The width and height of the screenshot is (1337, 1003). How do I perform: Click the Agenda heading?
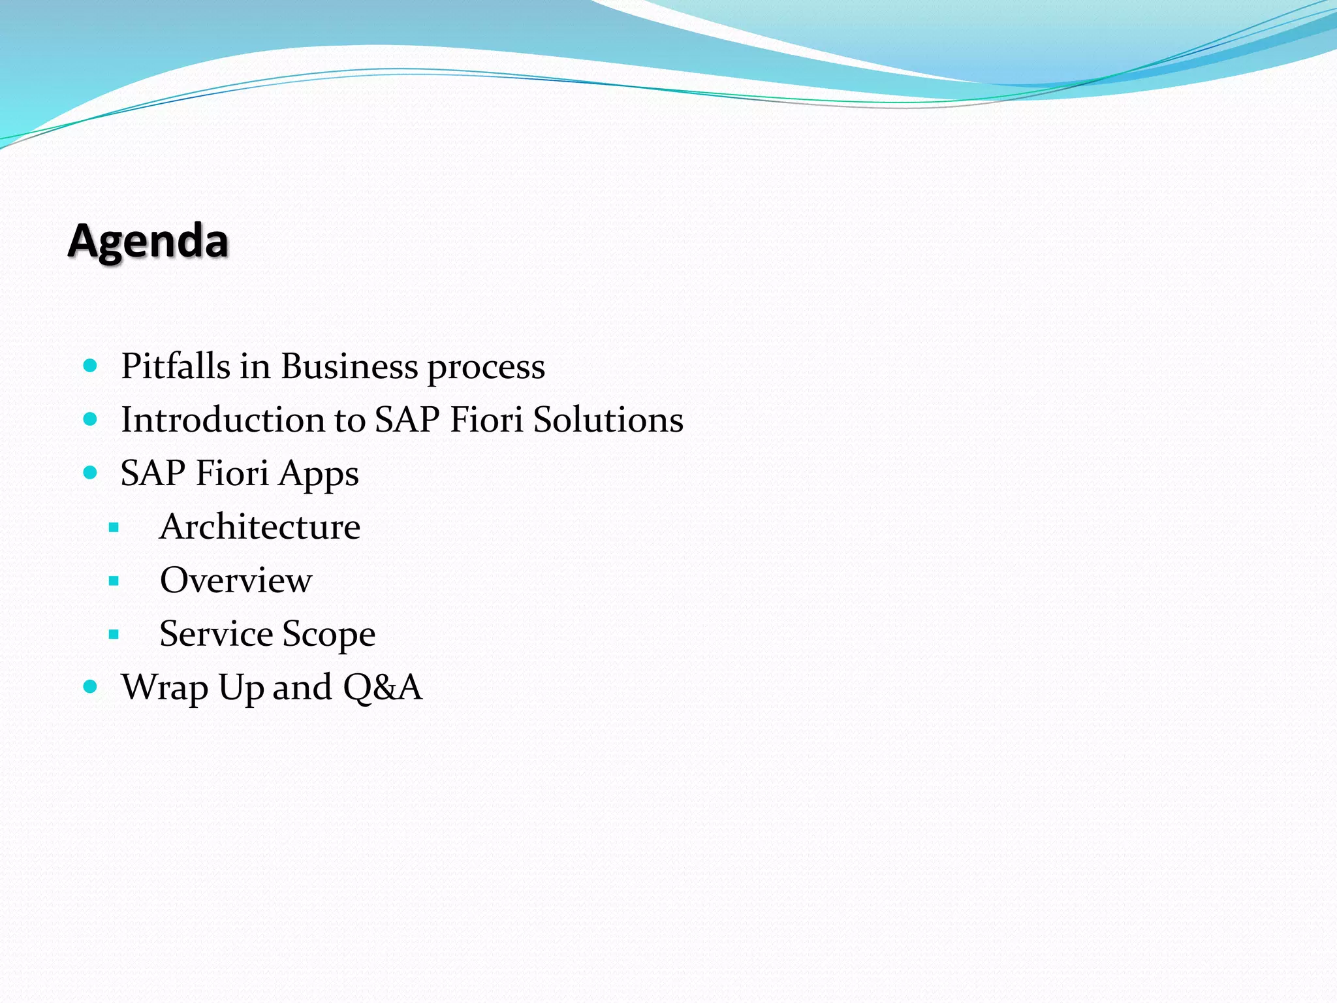tap(148, 241)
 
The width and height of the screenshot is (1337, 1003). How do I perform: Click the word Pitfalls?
tap(176, 366)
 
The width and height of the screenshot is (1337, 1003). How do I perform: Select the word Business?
tap(349, 366)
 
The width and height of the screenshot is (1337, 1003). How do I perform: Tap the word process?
tap(486, 368)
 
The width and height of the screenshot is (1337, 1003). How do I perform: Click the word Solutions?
tap(608, 419)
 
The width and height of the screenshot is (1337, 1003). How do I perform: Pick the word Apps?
tap(319, 474)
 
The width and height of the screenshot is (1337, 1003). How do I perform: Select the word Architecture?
tap(260, 526)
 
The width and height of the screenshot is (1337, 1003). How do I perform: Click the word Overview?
tap(236, 580)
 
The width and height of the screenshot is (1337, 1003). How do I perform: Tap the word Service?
tap(216, 633)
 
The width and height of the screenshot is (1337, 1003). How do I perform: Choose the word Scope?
tap(329, 635)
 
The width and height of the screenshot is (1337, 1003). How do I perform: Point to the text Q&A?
tap(383, 688)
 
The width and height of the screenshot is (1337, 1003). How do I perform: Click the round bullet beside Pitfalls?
tap(91, 365)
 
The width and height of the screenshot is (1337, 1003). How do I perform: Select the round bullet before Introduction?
tap(91, 419)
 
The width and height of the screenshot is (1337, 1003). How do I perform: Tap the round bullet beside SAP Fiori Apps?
tap(91, 472)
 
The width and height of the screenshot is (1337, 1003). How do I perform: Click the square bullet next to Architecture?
tap(114, 527)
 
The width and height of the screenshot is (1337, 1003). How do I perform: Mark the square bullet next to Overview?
tap(114, 581)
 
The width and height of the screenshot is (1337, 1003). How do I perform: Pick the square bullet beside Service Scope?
tap(114, 634)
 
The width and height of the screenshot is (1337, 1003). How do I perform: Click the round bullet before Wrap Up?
tap(91, 686)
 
